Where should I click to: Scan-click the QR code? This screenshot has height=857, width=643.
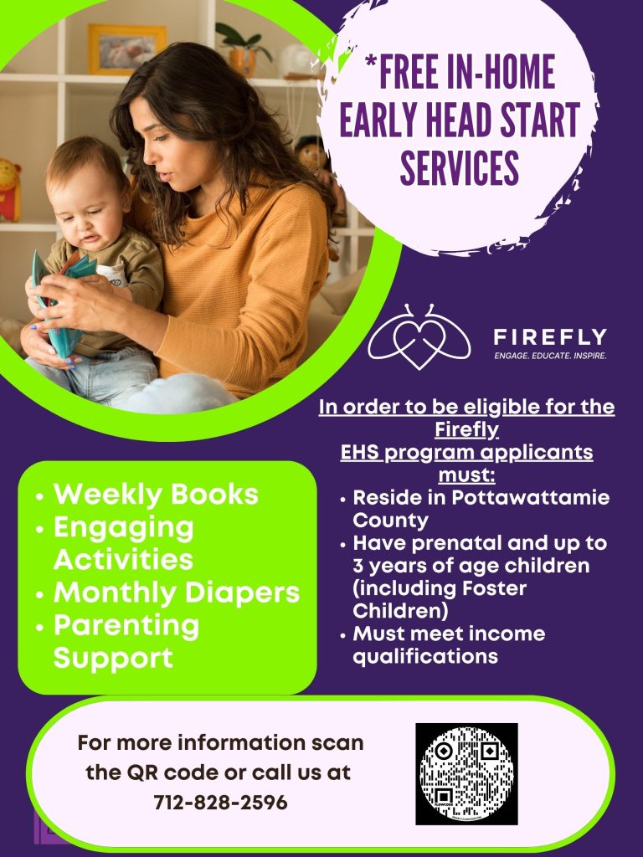[x=466, y=773]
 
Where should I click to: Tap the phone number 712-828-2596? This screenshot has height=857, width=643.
[x=220, y=802]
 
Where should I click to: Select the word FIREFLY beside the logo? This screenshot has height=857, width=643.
[x=550, y=336]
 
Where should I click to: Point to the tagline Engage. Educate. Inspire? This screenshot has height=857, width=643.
[x=550, y=356]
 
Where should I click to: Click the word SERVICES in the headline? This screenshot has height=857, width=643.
[x=460, y=167]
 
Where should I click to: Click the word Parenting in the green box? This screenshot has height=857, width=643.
[x=126, y=626]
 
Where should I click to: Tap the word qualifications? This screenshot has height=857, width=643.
[x=425, y=656]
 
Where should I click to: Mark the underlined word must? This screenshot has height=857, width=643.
[x=466, y=475]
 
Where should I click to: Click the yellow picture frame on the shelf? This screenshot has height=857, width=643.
[x=127, y=49]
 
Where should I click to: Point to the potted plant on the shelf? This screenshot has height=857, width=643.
[x=243, y=48]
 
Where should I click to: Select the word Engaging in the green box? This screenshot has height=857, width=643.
[x=124, y=529]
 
